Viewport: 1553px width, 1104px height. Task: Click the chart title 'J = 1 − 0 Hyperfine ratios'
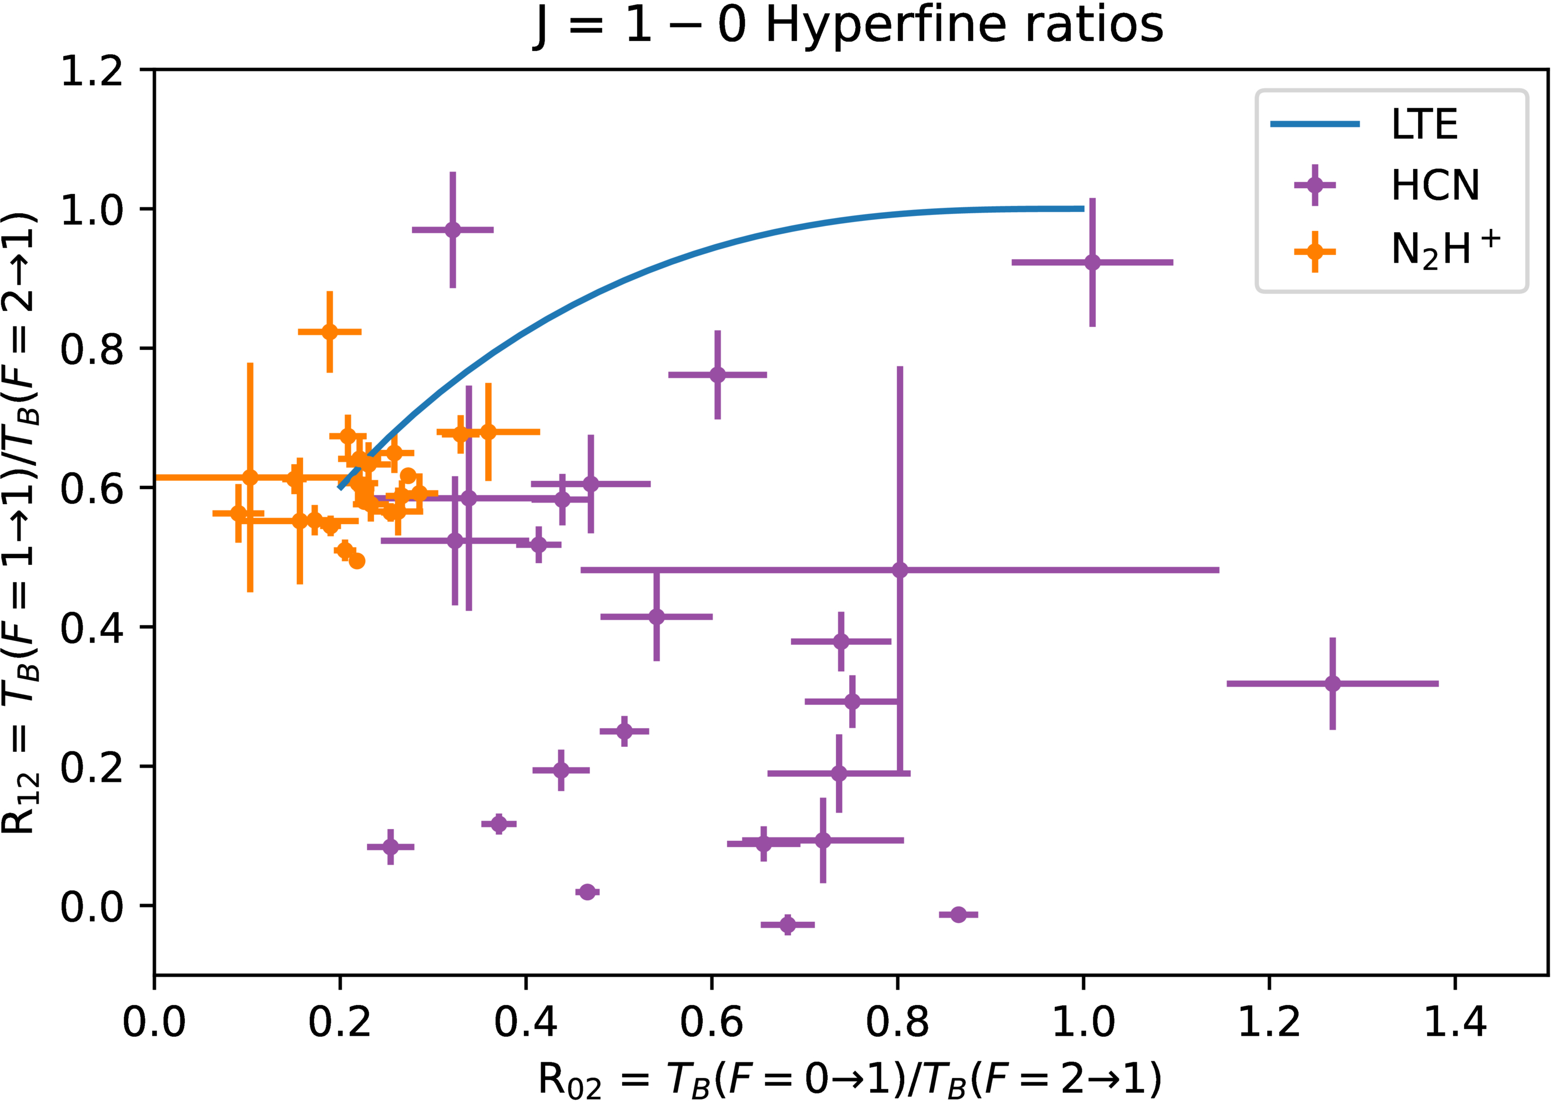pos(848,26)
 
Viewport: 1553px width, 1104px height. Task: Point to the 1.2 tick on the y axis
pos(92,70)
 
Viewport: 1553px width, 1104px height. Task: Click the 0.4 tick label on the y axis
pos(92,628)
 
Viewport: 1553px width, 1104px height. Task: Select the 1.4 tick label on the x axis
pos(1455,1022)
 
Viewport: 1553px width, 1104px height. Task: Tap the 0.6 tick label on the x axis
pos(711,1022)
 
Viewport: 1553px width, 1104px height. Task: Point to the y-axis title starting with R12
pos(21,524)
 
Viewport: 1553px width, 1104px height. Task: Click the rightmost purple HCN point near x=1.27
pos(1332,683)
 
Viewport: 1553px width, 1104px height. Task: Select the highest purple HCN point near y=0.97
pos(452,230)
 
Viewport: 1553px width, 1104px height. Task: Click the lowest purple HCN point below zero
pos(788,925)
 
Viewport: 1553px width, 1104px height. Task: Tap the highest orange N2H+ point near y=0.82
pos(330,332)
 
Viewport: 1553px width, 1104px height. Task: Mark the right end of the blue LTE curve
pos(1083,209)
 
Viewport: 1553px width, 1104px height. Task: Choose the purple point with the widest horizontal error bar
pos(900,570)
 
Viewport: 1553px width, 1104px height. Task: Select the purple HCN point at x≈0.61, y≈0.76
pos(718,374)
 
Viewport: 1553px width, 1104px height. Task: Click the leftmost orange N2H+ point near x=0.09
pos(238,513)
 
